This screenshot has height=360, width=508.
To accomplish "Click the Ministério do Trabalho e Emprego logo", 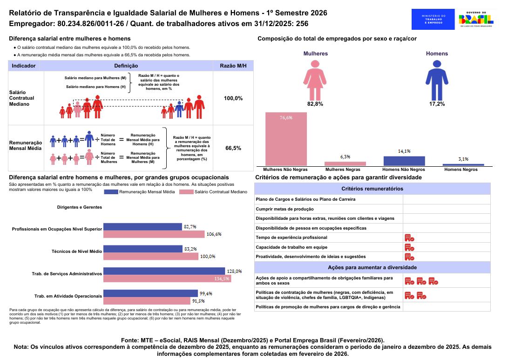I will click(433, 19).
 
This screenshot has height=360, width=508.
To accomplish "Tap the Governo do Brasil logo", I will click(475, 19).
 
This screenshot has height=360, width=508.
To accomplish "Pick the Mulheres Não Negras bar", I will click(286, 139).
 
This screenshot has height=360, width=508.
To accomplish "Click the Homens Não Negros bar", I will click(404, 161).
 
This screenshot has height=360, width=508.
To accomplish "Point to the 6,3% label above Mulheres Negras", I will click(345, 157).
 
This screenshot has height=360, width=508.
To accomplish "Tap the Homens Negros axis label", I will click(463, 170).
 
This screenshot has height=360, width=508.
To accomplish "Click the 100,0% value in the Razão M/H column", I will click(233, 99).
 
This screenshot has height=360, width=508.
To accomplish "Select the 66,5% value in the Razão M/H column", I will click(233, 148).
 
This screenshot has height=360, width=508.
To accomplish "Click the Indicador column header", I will click(24, 66).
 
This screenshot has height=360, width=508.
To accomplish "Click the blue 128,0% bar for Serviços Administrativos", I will click(164, 271).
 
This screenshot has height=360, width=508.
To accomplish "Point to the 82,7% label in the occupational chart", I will click(190, 227).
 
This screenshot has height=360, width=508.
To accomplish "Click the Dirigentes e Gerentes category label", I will click(79, 207).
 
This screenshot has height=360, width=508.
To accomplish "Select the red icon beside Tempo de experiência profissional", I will click(409, 238).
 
